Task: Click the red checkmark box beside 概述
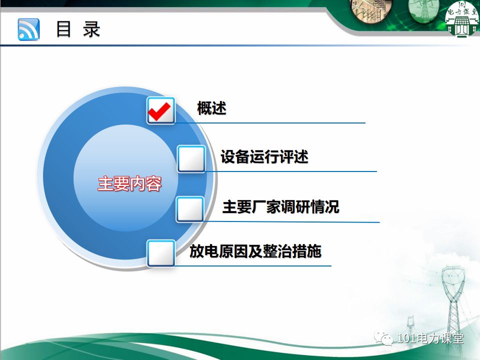coord(161,110)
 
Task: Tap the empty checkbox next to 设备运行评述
coord(191,159)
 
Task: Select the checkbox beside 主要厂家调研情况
coord(190,209)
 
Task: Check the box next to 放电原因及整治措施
coord(161,253)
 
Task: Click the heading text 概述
coord(211,108)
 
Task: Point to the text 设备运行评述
coord(264,157)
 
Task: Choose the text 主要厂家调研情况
coord(280,206)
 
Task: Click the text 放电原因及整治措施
coord(255,250)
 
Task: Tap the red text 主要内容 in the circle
coord(129,184)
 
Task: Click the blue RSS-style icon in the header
coord(28,29)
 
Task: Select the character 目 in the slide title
coord(63,29)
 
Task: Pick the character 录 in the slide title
coord(92,29)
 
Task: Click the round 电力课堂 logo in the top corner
coord(461,19)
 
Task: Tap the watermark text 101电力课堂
coord(430,338)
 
